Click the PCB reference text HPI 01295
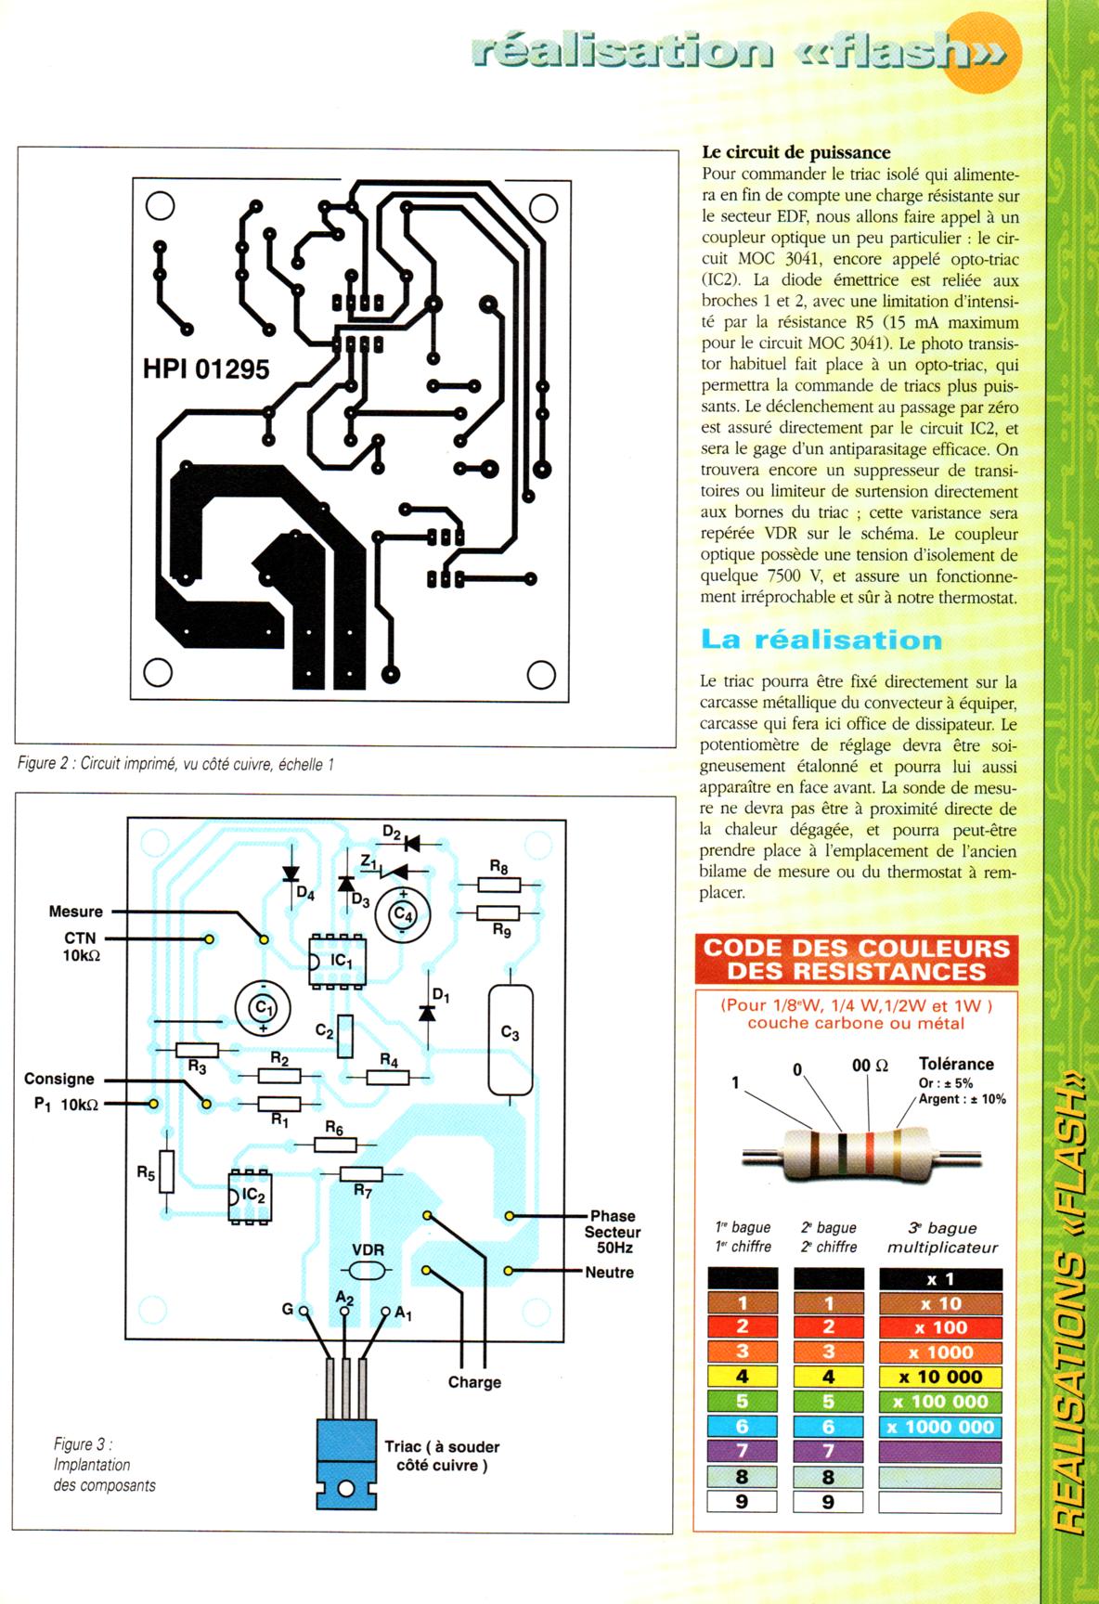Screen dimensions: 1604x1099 click(x=206, y=369)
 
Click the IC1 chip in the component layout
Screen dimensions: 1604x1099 click(x=338, y=960)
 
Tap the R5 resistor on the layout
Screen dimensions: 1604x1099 click(x=166, y=1172)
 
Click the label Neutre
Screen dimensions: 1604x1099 click(x=609, y=1272)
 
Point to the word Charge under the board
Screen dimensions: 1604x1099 click(x=474, y=1382)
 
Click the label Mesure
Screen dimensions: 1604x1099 click(x=76, y=912)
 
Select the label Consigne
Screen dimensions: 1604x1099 click(x=59, y=1079)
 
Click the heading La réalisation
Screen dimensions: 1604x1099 click(x=821, y=640)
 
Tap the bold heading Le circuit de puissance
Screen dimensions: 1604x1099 click(x=795, y=152)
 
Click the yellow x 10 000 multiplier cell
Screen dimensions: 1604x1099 click(x=940, y=1378)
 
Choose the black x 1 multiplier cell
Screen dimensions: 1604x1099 click(x=940, y=1279)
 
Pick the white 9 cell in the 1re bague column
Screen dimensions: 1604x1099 click(x=742, y=1501)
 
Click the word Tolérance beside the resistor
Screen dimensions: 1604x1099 click(x=956, y=1064)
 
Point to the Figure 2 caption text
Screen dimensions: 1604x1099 click(x=175, y=765)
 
